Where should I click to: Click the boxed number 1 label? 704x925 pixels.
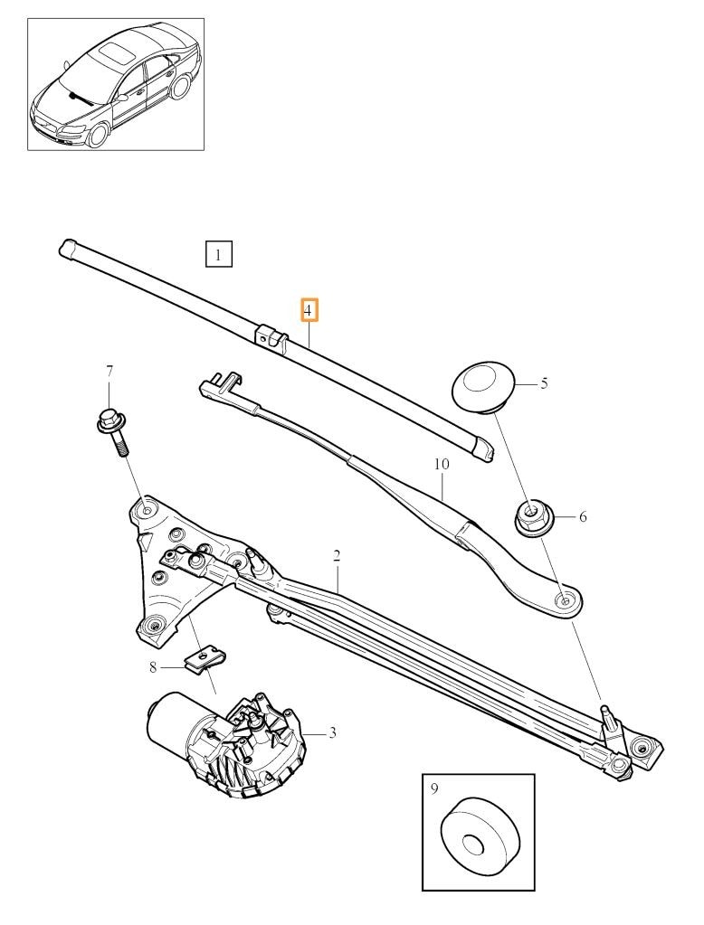point(218,255)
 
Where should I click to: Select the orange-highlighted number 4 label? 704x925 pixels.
point(309,311)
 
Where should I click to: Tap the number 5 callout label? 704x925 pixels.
point(544,383)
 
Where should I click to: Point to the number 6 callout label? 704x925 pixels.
point(583,517)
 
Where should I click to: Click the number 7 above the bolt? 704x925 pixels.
point(109,372)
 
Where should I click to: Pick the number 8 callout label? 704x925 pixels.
point(154,667)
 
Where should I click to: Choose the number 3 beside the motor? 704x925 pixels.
point(332,732)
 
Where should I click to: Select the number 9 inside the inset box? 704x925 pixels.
point(434,789)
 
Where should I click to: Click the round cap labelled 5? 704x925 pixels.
point(483,386)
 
